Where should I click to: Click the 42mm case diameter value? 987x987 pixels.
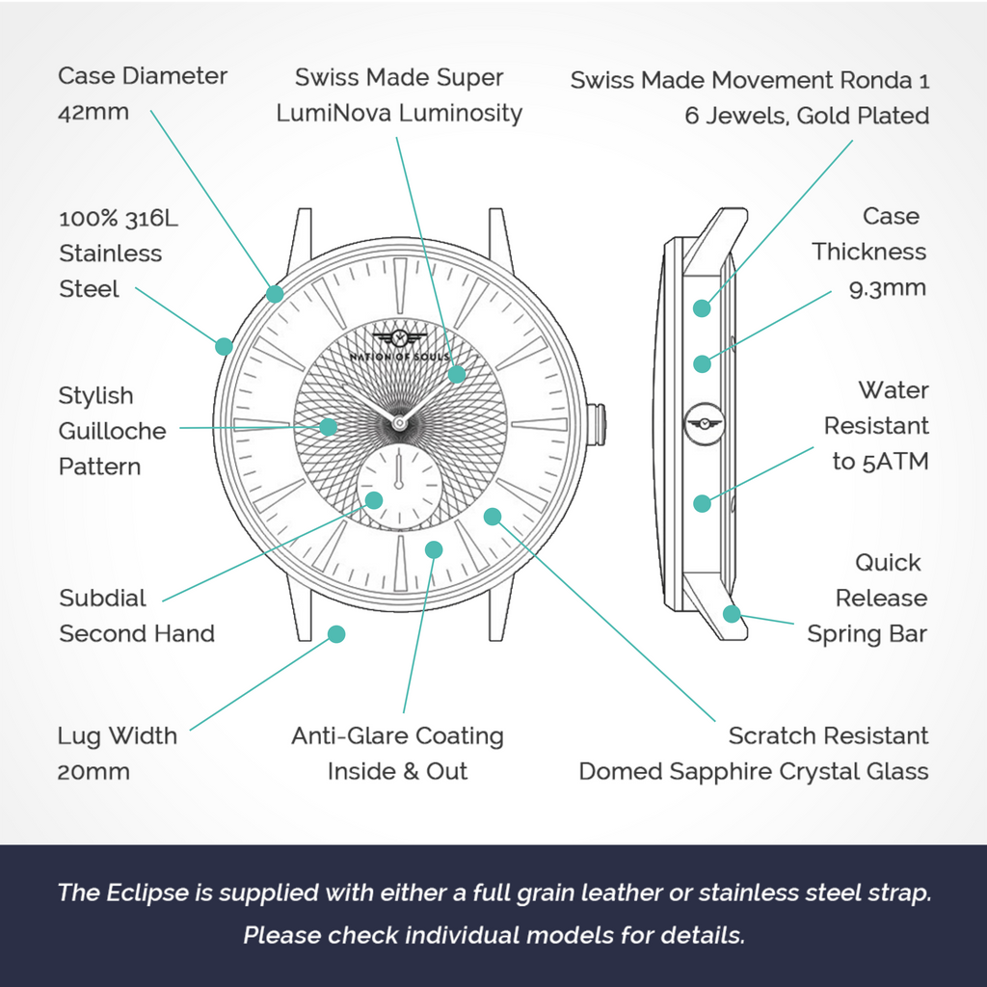[93, 112]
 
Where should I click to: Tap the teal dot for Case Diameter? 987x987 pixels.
[275, 293]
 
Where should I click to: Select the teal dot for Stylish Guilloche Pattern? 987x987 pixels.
[328, 427]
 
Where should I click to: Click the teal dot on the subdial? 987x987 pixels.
[374, 500]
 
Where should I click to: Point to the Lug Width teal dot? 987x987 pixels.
[336, 634]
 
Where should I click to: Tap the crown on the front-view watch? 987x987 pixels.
[597, 425]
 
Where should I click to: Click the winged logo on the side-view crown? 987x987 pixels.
[705, 424]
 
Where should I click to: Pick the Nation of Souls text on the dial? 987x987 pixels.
[400, 357]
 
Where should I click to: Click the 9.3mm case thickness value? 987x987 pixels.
[888, 288]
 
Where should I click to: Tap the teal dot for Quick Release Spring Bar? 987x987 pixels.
[732, 613]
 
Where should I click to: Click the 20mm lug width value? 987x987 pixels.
[93, 772]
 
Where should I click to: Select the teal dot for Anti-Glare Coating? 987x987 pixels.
[434, 549]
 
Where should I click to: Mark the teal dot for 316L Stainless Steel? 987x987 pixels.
[224, 346]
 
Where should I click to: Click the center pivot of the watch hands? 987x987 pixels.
[398, 423]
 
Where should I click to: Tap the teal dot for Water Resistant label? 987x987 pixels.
[702, 503]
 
